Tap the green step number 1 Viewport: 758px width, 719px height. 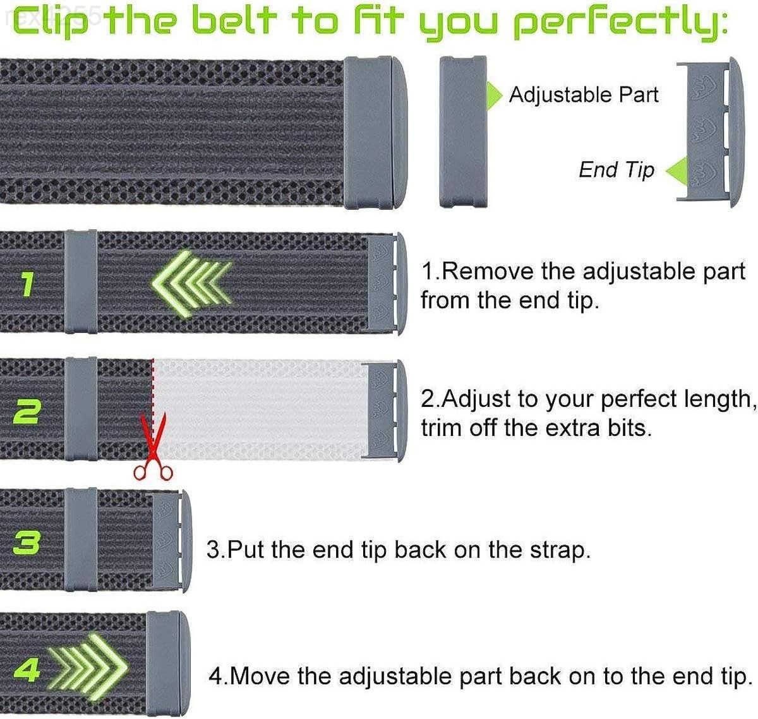pos(26,284)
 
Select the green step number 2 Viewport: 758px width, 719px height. pos(27,412)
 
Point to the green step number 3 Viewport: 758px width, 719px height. pos(27,543)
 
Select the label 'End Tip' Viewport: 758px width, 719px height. pos(616,170)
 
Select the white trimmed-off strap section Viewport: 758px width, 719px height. pos(259,409)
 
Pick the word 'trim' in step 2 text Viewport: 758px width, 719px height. pos(442,428)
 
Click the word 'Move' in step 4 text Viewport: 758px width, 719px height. pos(259,676)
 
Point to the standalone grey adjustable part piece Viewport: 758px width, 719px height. pos(462,131)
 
